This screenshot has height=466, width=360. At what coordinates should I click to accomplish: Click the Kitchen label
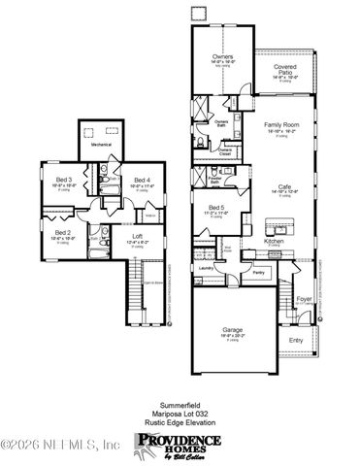(x=274, y=240)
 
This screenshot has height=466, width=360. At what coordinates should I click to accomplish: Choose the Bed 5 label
(x=217, y=209)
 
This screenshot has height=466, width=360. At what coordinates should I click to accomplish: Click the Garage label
(x=232, y=330)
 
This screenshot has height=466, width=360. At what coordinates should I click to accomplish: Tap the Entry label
(x=295, y=341)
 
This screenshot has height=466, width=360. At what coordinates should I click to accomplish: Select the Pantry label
(x=258, y=274)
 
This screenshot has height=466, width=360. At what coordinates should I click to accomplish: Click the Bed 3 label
(x=57, y=179)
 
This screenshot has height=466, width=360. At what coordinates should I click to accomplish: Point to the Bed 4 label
(x=141, y=180)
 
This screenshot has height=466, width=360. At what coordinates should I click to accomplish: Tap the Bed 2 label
(x=62, y=233)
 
